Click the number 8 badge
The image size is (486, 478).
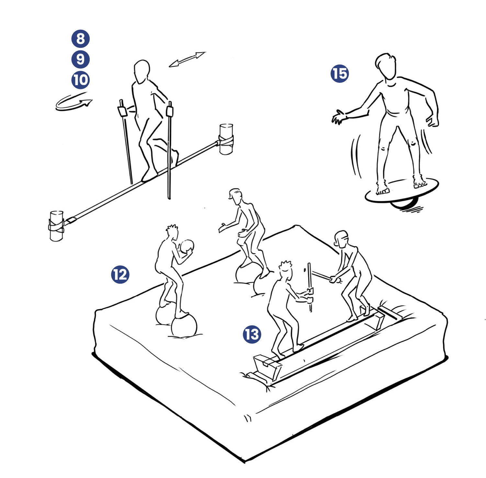[x=80, y=38]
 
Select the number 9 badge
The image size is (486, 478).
[x=80, y=59]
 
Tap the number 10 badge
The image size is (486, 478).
[x=80, y=80]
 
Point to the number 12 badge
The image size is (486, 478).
[x=120, y=275]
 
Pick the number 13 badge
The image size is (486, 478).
[x=252, y=334]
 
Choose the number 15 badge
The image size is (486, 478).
[x=340, y=73]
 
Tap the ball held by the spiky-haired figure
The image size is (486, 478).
[x=187, y=246]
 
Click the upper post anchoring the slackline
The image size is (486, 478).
[x=226, y=139]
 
